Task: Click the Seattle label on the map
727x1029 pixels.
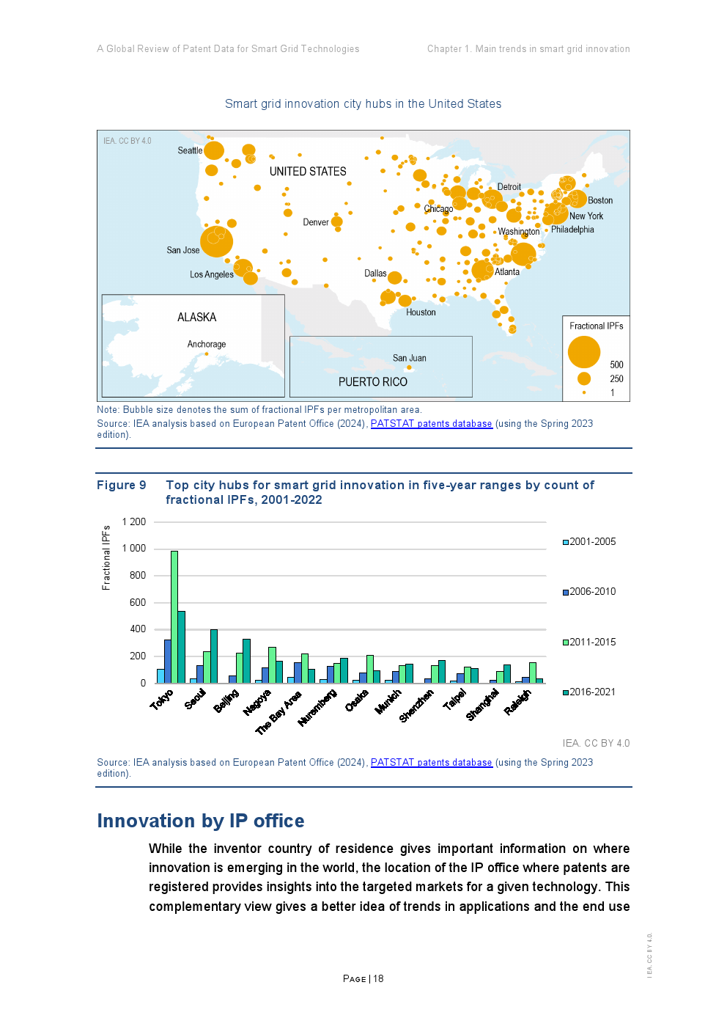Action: pyautogui.click(x=190, y=151)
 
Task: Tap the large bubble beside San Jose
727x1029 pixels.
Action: pyautogui.click(x=216, y=241)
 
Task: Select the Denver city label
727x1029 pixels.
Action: pyautogui.click(x=316, y=222)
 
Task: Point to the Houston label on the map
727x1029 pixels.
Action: pyautogui.click(x=421, y=312)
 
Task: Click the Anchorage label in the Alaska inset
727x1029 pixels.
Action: pyautogui.click(x=206, y=344)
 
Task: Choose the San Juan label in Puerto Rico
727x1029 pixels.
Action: pyautogui.click(x=409, y=358)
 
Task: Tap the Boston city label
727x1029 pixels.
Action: pyautogui.click(x=599, y=200)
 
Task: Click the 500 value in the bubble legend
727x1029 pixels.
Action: pyautogui.click(x=616, y=365)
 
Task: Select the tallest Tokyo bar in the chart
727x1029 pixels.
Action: pyautogui.click(x=174, y=616)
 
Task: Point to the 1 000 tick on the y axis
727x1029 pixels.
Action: pyautogui.click(x=134, y=549)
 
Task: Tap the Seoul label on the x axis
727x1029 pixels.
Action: pyautogui.click(x=195, y=700)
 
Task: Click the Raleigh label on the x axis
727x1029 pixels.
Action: pyautogui.click(x=517, y=702)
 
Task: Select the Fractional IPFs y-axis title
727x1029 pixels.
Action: pyautogui.click(x=106, y=557)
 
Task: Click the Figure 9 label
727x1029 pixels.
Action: pyautogui.click(x=122, y=485)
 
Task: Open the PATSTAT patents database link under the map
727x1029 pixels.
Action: pyautogui.click(x=431, y=424)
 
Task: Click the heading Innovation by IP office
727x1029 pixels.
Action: pyautogui.click(x=201, y=821)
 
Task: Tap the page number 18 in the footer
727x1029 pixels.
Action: pyautogui.click(x=378, y=978)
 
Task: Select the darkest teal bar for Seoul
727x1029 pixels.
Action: pyautogui.click(x=214, y=656)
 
